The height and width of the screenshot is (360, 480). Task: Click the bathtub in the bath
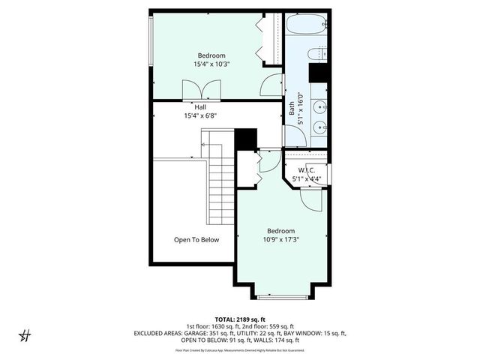pyautogui.click(x=307, y=25)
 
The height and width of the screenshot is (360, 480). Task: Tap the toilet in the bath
pyautogui.click(x=316, y=53)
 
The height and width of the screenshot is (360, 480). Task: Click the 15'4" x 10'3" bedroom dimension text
pyautogui.click(x=211, y=64)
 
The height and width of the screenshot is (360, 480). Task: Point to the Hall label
pyautogui.click(x=200, y=107)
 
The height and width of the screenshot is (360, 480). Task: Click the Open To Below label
pyautogui.click(x=196, y=240)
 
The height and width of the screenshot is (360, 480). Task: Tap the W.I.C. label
pyautogui.click(x=305, y=170)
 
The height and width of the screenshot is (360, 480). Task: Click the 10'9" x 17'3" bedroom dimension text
pyautogui.click(x=278, y=240)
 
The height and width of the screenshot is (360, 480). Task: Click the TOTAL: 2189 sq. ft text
pyautogui.click(x=239, y=318)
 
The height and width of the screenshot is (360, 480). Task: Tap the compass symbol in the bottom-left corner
pyautogui.click(x=24, y=334)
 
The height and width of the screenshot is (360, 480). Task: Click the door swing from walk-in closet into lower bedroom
pyautogui.click(x=308, y=199)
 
